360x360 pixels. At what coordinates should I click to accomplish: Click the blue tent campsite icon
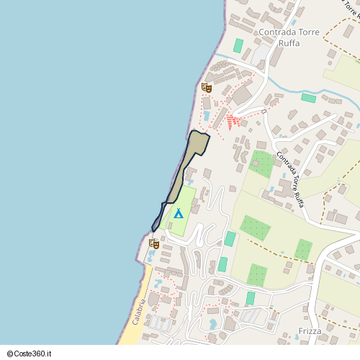[x=178, y=213]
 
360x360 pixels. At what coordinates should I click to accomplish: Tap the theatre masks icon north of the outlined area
[x=206, y=88]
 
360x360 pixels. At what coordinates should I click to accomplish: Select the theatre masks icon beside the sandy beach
[x=153, y=243]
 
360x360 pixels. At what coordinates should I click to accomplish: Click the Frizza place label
[x=310, y=332]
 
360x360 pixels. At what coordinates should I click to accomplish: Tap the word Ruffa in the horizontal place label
[x=289, y=42]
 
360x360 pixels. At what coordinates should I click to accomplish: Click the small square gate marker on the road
[x=264, y=111]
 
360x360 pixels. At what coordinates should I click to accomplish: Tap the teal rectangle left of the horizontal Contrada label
[x=238, y=45]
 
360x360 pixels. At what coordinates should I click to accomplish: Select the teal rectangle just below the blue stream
[x=308, y=97]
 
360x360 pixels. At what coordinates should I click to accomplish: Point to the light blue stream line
[x=288, y=89]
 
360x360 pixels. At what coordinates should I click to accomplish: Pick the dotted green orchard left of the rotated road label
[x=262, y=164]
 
